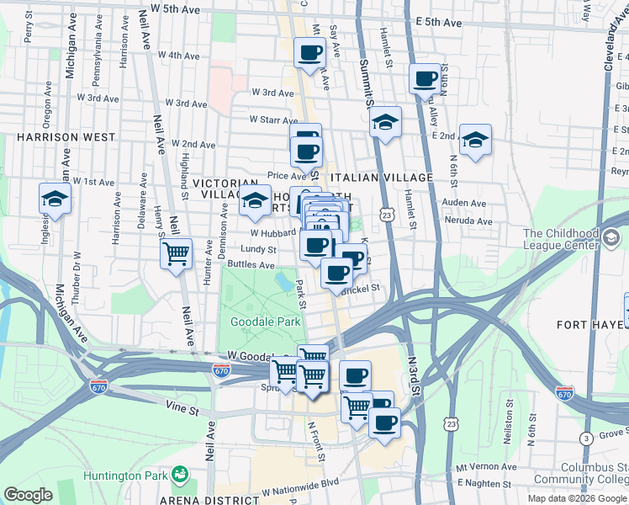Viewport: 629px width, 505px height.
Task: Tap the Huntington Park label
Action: pos(127,476)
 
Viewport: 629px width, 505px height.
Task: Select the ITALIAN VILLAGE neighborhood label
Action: pos(382,178)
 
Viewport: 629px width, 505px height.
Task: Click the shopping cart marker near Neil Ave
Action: pos(176,252)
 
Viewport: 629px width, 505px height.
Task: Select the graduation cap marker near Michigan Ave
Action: pos(55,199)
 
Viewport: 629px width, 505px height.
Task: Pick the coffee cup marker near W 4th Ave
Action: pos(309,53)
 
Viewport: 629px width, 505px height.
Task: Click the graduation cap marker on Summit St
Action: pos(385,123)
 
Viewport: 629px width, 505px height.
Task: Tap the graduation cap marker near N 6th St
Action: pos(475,140)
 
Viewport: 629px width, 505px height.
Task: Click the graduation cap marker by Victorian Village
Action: pos(256,200)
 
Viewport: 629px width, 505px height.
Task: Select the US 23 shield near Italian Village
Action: pos(386,215)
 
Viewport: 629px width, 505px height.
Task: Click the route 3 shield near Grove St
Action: pos(585,438)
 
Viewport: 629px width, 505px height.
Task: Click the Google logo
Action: pos(28,495)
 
